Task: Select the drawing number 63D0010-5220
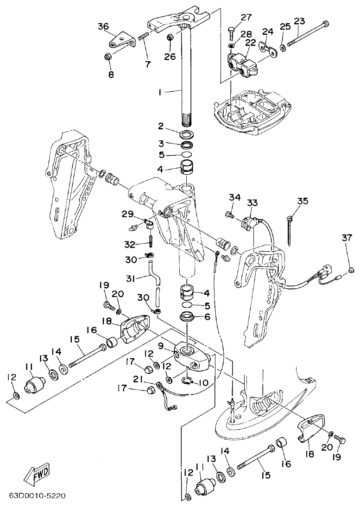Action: [x=37, y=496]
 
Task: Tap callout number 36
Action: [x=103, y=26]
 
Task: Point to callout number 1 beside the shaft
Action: [x=160, y=92]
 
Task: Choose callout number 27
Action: [x=246, y=18]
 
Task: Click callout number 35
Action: [x=302, y=201]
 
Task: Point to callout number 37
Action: [x=347, y=238]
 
